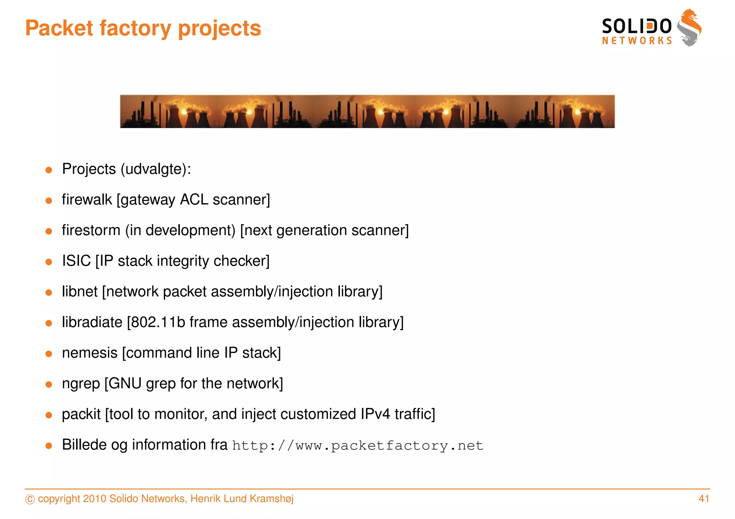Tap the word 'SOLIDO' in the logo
[636, 27]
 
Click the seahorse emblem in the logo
[689, 28]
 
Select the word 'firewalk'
[86, 200]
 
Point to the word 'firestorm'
[91, 230]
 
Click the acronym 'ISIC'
[76, 261]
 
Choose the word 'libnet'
[79, 292]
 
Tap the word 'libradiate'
[92, 322]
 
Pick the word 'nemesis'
[90, 353]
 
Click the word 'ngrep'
[81, 384]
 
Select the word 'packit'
[81, 414]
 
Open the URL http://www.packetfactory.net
[357, 446]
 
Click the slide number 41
[704, 499]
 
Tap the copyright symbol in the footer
[30, 499]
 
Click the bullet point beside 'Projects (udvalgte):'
[49, 170]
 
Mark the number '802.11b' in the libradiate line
[158, 322]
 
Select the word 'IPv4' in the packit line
[375, 414]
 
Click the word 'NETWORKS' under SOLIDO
[637, 41]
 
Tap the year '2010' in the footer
[94, 499]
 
